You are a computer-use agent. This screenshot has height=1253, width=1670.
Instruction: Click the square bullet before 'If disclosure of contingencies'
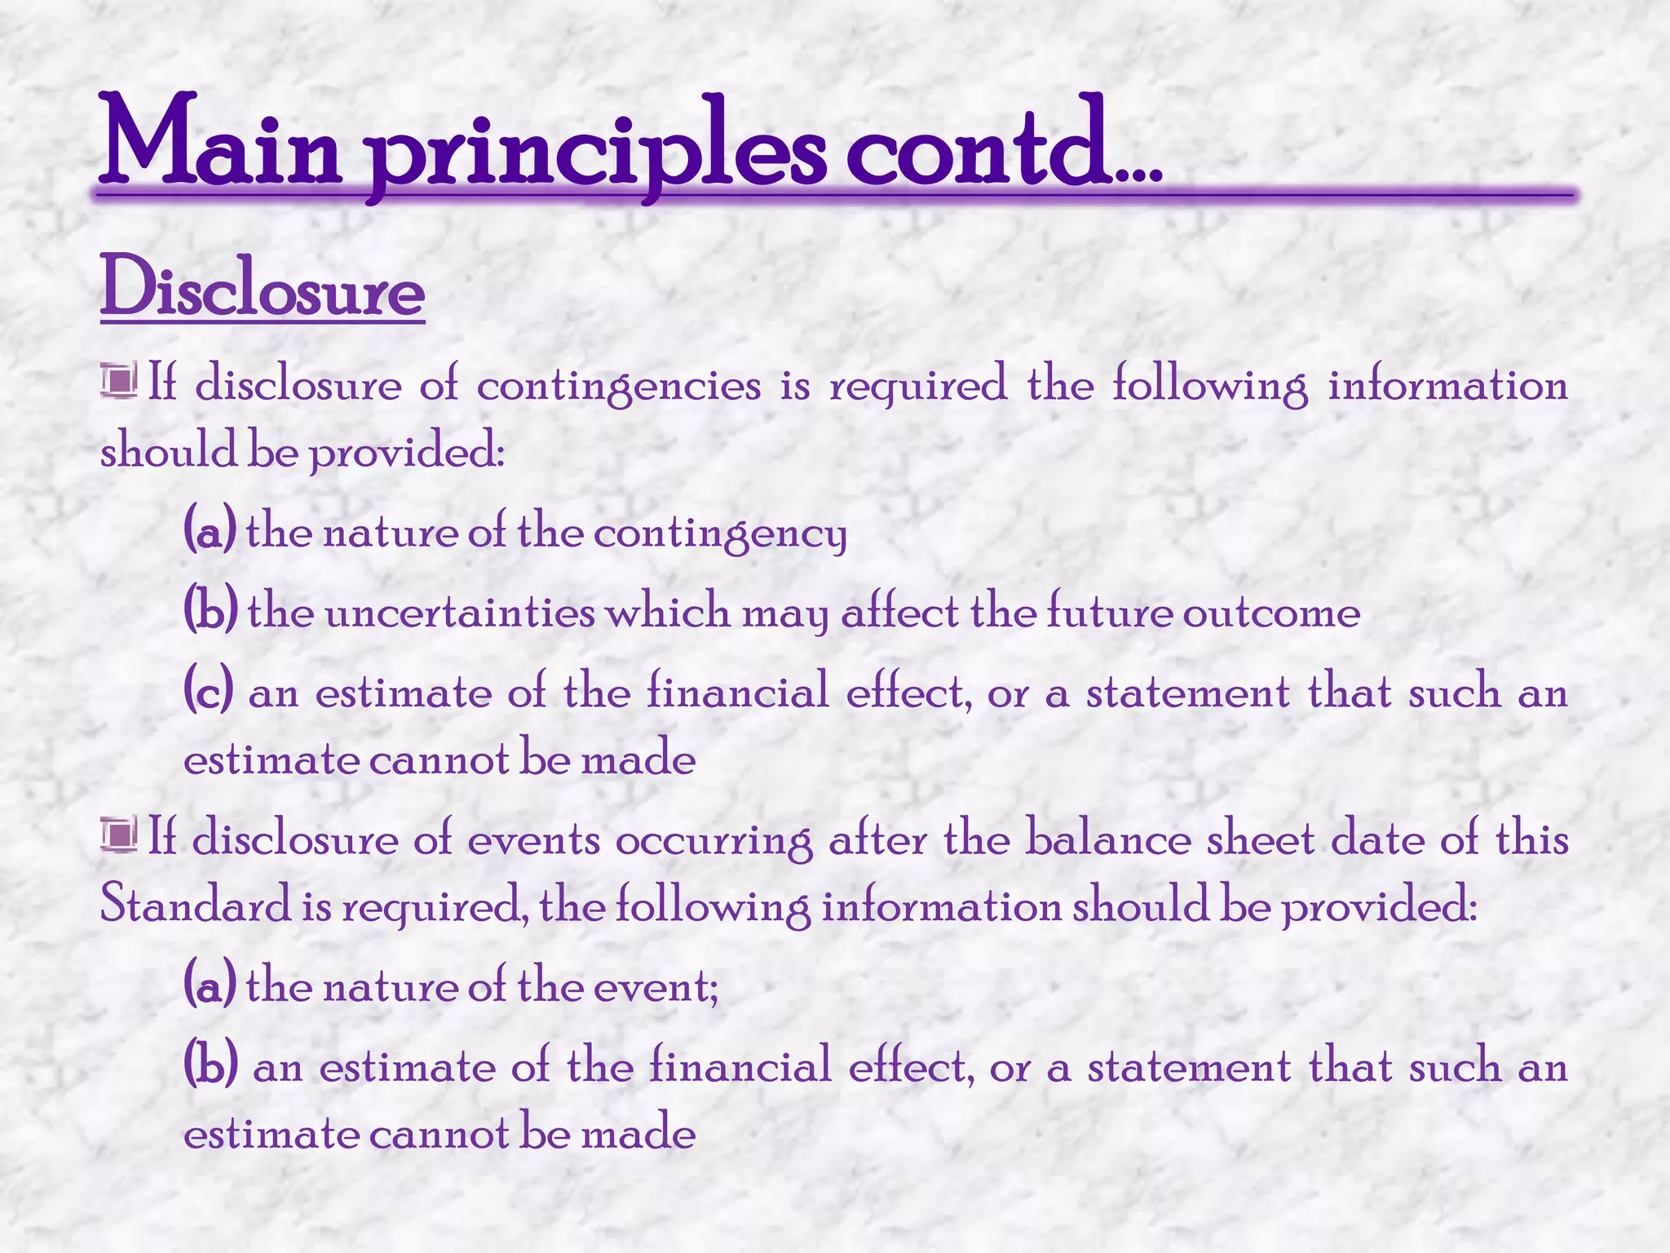(x=119, y=381)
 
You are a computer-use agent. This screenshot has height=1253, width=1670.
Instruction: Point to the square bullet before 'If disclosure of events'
(x=119, y=835)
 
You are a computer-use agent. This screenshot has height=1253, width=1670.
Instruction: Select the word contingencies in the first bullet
(x=618, y=387)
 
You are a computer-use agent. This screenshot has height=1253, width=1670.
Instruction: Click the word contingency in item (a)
(x=720, y=535)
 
